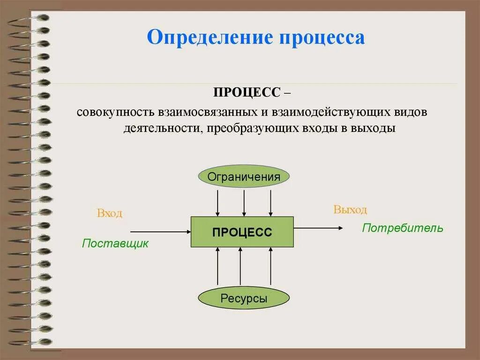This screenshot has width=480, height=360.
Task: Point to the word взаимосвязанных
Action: pos(203,114)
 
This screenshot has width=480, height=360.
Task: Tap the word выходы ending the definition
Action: pos(374,129)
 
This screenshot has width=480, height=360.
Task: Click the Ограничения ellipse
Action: pos(244,176)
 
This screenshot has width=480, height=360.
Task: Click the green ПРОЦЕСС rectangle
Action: pos(242,232)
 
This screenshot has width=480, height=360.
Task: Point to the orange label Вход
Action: pos(110,214)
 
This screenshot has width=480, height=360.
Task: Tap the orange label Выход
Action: pos(350,210)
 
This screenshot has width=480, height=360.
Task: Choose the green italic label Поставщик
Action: pos(115,244)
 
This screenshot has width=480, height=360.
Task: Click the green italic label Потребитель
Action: pos(402,229)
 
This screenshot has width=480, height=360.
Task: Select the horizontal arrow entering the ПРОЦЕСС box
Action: pos(160,232)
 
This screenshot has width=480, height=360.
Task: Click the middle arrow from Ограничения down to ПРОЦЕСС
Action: pos(244,202)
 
